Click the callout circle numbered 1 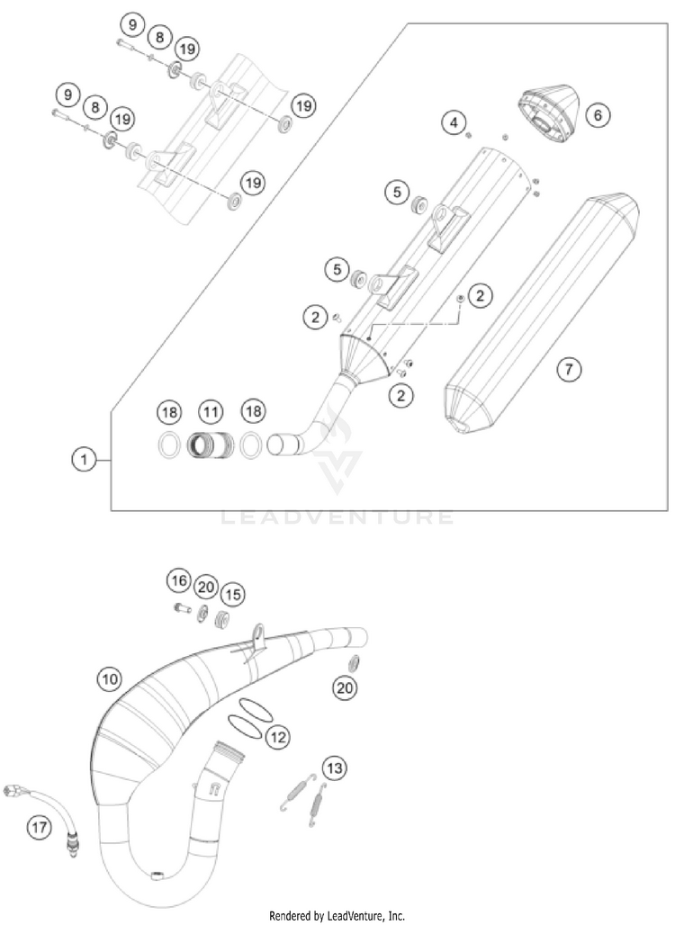click(x=84, y=459)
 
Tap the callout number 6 click(x=597, y=114)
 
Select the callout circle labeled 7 click(x=569, y=367)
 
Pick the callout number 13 click(x=334, y=768)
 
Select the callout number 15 click(x=233, y=594)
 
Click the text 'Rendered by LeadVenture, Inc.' click(x=337, y=916)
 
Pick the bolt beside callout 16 click(x=181, y=611)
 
